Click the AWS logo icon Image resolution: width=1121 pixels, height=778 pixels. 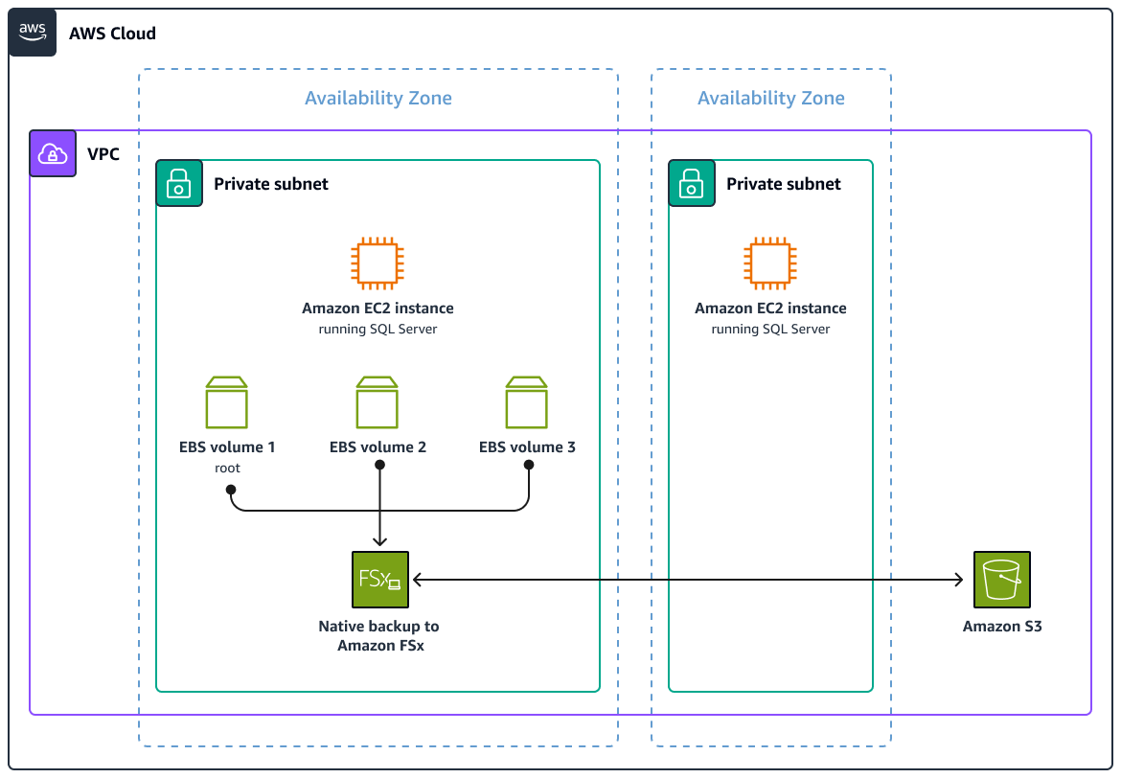(33, 33)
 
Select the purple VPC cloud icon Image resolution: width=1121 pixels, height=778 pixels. (53, 153)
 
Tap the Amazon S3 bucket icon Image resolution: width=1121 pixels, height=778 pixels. (1001, 580)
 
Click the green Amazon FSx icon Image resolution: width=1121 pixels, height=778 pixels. (380, 580)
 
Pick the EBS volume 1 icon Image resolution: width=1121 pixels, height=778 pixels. (227, 402)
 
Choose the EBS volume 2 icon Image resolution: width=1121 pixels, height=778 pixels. (377, 402)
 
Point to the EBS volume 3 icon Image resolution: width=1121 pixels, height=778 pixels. (527, 402)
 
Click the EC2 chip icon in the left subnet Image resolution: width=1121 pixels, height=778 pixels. (377, 263)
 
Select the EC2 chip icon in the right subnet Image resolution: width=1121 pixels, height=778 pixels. (770, 263)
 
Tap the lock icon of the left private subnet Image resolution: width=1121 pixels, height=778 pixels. (180, 183)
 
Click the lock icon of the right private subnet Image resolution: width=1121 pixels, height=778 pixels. (692, 183)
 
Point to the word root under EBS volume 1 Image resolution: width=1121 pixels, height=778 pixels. (227, 469)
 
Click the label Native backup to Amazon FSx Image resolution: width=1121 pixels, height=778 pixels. (379, 636)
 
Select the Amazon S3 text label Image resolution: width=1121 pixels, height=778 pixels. (1002, 627)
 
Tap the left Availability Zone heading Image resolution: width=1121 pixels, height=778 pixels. (378, 98)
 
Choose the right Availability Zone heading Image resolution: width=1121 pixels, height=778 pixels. (771, 98)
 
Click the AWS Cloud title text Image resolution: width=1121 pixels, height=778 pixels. (112, 34)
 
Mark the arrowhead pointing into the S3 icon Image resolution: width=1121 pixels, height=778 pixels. (959, 580)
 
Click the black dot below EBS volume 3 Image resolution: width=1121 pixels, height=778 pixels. (528, 465)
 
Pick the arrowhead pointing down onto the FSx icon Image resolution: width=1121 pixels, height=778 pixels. (380, 542)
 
